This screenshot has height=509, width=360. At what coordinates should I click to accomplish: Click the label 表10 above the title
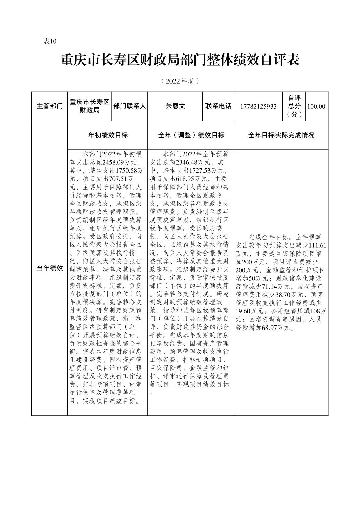pyautogui.click(x=50, y=41)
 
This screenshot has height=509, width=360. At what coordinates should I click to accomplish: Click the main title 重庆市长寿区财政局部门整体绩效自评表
pyautogui.click(x=180, y=60)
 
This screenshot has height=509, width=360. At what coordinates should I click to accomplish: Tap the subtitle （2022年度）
pyautogui.click(x=180, y=81)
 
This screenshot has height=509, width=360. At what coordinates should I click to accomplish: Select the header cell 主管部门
pyautogui.click(x=50, y=106)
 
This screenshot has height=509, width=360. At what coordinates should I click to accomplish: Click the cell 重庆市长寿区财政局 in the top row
pyautogui.click(x=89, y=106)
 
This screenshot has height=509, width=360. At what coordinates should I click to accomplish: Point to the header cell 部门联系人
pyautogui.click(x=129, y=106)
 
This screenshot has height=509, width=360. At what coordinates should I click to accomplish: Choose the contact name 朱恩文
pyautogui.click(x=175, y=106)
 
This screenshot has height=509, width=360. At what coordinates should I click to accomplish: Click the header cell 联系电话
pyautogui.click(x=218, y=106)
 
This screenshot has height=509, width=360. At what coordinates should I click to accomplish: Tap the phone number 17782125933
pyautogui.click(x=258, y=106)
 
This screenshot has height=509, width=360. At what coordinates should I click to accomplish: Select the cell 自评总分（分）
pyautogui.click(x=294, y=106)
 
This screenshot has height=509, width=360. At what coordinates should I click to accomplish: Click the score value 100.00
pyautogui.click(x=316, y=106)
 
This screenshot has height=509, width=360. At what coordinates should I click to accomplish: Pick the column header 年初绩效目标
pyautogui.click(x=108, y=135)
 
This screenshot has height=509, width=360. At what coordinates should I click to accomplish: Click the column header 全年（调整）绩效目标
pyautogui.click(x=191, y=135)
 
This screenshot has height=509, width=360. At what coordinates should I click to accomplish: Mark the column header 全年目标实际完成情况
pyautogui.click(x=281, y=135)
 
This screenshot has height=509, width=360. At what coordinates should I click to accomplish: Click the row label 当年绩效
pyautogui.click(x=50, y=268)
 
